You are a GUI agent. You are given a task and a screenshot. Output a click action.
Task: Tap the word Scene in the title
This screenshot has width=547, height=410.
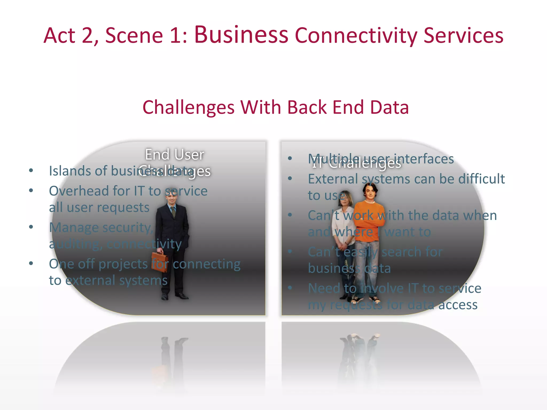click(x=134, y=36)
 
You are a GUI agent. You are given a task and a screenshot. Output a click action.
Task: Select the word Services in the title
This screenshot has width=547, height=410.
click(x=463, y=36)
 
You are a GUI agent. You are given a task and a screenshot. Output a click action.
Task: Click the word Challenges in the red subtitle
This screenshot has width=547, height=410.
click(x=189, y=108)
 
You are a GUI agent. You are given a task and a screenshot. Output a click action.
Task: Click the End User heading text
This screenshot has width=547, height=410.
click(x=175, y=155)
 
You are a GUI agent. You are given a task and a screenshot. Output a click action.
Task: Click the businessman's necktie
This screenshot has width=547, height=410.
click(x=173, y=212)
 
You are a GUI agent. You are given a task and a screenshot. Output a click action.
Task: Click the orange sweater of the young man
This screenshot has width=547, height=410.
click(x=369, y=220)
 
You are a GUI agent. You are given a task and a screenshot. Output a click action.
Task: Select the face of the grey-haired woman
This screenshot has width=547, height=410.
click(x=346, y=198)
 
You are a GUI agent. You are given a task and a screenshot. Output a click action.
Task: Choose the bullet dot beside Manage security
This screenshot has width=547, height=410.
click(x=31, y=227)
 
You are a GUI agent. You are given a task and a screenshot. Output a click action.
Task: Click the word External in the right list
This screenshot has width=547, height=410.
click(x=333, y=179)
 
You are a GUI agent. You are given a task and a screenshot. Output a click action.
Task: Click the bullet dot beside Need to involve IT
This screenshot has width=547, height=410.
click(x=290, y=288)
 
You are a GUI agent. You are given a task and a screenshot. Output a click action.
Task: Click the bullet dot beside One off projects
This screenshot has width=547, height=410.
click(x=31, y=263)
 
